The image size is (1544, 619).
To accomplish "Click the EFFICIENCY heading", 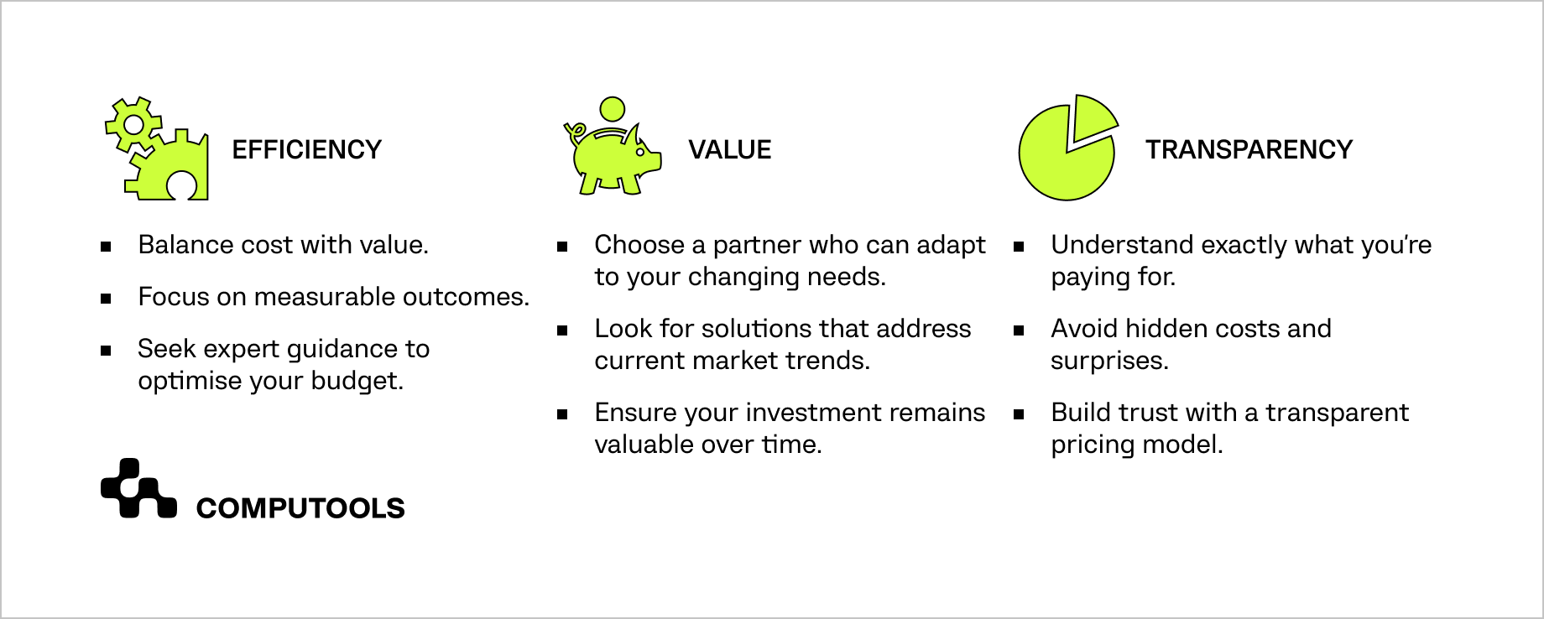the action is click(306, 149).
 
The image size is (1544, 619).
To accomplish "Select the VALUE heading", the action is click(730, 149).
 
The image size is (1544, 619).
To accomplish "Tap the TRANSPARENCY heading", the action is click(1249, 149).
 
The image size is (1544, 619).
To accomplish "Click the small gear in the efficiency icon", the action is click(133, 125).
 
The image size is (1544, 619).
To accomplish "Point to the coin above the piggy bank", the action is click(613, 109).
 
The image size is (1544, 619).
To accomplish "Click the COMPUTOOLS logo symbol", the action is click(138, 488).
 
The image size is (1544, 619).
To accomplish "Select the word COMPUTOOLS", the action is click(300, 508).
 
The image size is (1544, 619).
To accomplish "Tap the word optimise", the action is click(189, 382).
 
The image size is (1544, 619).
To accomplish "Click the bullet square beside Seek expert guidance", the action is click(106, 351).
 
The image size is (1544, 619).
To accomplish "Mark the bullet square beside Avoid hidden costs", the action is click(1019, 330).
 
